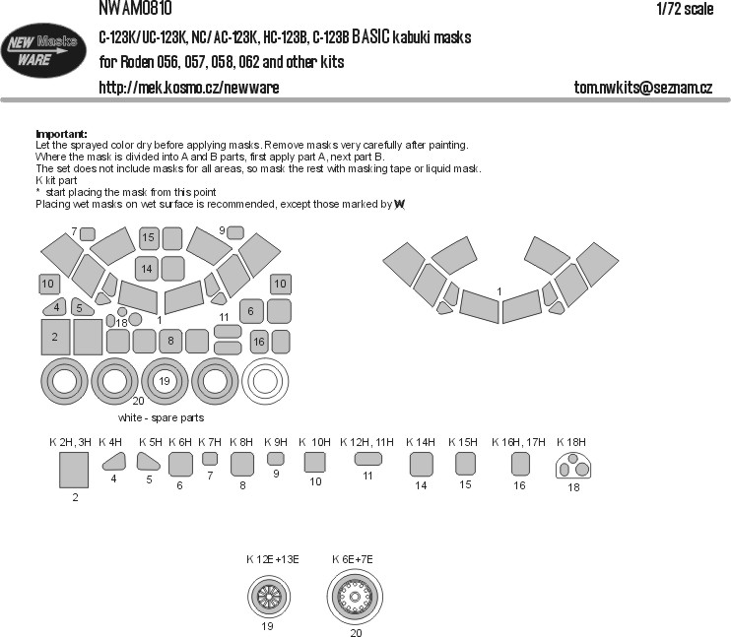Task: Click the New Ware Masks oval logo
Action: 43,50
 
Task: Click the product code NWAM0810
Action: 135,8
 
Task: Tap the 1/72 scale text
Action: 685,9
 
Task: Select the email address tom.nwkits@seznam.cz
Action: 643,88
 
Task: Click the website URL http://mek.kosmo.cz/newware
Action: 189,88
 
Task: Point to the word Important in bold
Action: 61,134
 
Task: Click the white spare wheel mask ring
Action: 265,381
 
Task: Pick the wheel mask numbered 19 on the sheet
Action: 165,381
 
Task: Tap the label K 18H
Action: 571,442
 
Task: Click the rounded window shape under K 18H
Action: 573,466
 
